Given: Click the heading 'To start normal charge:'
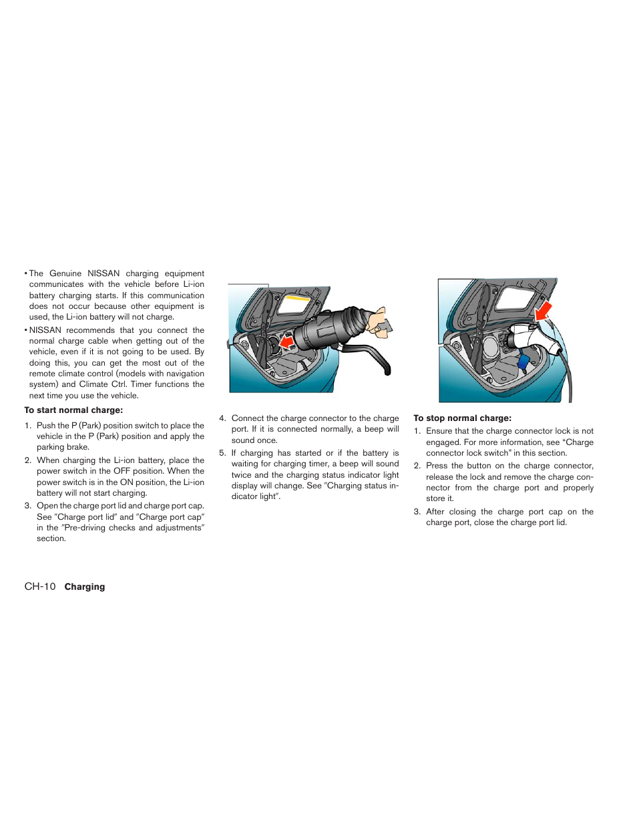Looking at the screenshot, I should [73, 410].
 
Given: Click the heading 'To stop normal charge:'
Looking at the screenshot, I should [462, 418].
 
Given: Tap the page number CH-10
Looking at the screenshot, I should [40, 586].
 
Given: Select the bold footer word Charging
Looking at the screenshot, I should [85, 587].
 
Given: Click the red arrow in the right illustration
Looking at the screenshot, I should [544, 310].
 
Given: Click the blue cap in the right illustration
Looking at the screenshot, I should [523, 363].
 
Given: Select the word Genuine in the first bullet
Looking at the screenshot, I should [65, 274].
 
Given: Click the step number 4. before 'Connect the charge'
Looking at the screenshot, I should [222, 418].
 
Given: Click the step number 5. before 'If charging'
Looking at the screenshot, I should [222, 453].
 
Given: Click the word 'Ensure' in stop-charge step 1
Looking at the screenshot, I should [439, 431].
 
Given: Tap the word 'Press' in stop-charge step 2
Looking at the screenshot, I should [437, 466].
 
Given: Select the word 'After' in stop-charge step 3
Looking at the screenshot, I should [435, 512].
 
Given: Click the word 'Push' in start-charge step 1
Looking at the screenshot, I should [45, 426].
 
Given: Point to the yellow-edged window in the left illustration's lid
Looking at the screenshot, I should [294, 304].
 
